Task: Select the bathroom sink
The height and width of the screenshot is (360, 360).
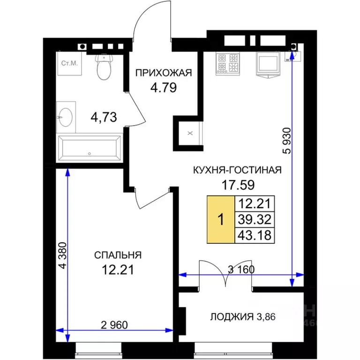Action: coord(66,116)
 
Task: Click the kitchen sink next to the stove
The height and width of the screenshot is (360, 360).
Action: coord(270,64)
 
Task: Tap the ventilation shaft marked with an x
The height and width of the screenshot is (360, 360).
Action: coord(189,133)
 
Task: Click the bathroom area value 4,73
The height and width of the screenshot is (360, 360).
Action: coord(104,116)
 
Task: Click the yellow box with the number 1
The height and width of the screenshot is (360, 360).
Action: coord(221,219)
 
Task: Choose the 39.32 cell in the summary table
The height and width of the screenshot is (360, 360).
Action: coord(255,219)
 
